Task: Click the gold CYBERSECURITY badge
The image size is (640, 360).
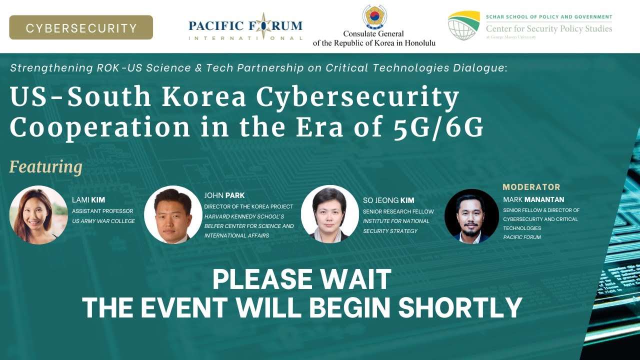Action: (x=81, y=27)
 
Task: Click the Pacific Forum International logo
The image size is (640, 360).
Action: (x=245, y=26)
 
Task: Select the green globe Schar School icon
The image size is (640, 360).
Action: (x=463, y=25)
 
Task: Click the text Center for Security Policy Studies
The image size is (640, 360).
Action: (x=549, y=28)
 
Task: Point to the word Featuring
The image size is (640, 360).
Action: (x=46, y=167)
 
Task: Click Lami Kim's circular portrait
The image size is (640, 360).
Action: (x=38, y=215)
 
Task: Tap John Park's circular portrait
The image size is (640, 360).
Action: (x=173, y=214)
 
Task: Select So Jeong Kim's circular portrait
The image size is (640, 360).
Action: (x=329, y=214)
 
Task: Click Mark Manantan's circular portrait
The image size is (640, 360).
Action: (x=471, y=216)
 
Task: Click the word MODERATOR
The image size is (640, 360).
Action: (x=531, y=187)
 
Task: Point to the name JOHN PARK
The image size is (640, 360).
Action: (x=224, y=195)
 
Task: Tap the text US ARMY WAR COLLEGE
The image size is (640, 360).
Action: (x=103, y=221)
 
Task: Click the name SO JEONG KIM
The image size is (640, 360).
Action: (x=388, y=200)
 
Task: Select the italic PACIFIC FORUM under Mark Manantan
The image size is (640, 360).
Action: (x=522, y=237)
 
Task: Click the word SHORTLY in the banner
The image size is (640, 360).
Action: (x=460, y=307)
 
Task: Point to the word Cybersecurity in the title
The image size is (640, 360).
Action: (x=357, y=97)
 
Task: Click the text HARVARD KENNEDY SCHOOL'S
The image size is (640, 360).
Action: (x=244, y=216)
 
